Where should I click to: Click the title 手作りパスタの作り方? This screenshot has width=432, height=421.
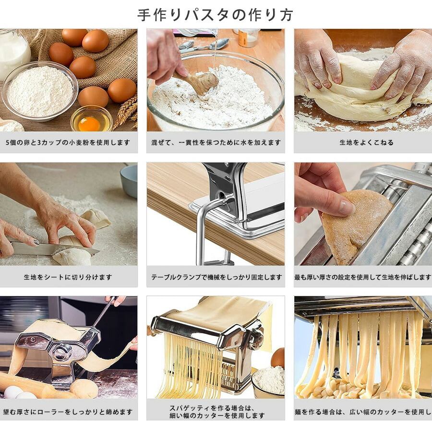215,15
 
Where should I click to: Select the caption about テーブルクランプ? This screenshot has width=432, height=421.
216,277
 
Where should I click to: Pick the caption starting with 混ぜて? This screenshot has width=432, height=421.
216,142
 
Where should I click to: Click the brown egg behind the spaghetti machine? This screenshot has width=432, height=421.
277,358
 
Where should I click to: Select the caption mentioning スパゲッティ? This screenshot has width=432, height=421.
216,411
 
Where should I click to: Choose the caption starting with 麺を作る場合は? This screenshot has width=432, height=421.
363,411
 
